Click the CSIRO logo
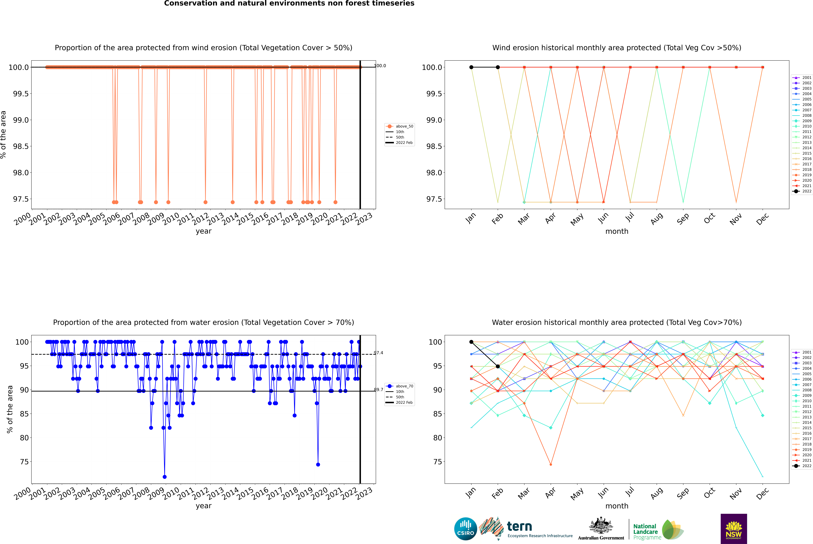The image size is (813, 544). pyautogui.click(x=465, y=529)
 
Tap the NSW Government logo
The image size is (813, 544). pyautogui.click(x=734, y=529)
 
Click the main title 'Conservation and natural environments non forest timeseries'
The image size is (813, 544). pyautogui.click(x=289, y=3)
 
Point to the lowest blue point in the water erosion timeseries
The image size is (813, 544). pyautogui.click(x=165, y=477)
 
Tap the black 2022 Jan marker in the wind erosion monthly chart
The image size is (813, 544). pyautogui.click(x=471, y=67)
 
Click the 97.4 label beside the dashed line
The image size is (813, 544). pyautogui.click(x=378, y=353)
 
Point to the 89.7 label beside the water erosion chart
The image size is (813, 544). pyautogui.click(x=378, y=390)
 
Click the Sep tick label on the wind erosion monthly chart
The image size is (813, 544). pyautogui.click(x=683, y=219)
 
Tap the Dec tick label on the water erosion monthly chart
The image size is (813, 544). pyautogui.click(x=762, y=493)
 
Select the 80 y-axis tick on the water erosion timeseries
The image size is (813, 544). pyautogui.click(x=24, y=438)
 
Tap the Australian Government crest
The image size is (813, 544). pyautogui.click(x=601, y=526)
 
